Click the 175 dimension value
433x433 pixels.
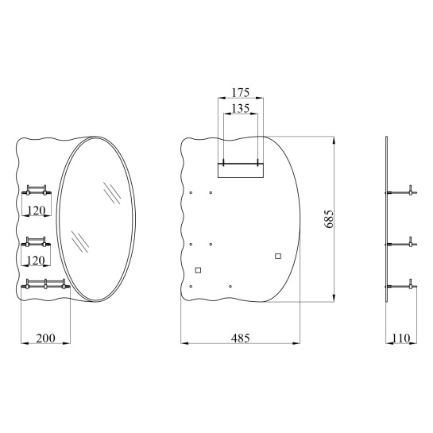pyautogui.click(x=240, y=93)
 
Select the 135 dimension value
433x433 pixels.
pyautogui.click(x=240, y=108)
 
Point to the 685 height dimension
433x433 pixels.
pyautogui.click(x=329, y=219)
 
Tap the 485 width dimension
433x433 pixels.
pyautogui.click(x=240, y=338)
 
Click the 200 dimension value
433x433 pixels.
pyautogui.click(x=45, y=338)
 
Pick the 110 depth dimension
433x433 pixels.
pyautogui.click(x=401, y=338)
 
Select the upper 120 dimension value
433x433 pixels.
pyautogui.click(x=37, y=211)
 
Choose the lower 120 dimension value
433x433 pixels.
pyautogui.click(x=36, y=261)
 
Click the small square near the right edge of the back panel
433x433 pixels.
pyautogui.click(x=278, y=257)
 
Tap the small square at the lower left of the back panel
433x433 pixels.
pyautogui.click(x=198, y=270)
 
